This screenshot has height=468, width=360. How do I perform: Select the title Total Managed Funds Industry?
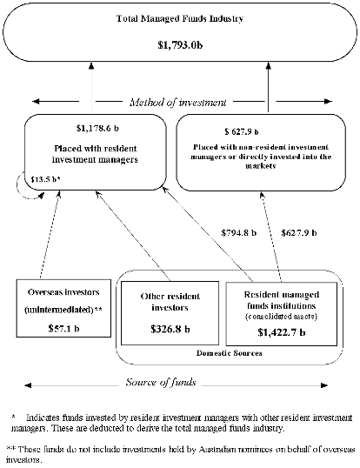(x=180, y=18)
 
